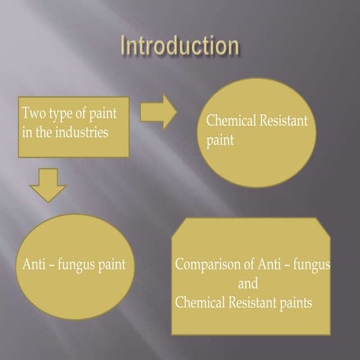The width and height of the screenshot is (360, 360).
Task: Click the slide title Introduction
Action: (180, 45)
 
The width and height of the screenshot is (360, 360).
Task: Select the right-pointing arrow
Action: (158, 112)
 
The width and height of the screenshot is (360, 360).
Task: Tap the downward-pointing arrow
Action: (48, 185)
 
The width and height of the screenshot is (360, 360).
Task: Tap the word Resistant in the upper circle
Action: (283, 120)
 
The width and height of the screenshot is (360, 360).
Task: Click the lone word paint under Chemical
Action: (220, 140)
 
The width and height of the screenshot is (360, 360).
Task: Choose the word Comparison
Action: (208, 265)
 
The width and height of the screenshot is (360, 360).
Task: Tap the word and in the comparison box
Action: (247, 283)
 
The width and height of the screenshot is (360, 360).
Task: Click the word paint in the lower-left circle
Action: (112, 265)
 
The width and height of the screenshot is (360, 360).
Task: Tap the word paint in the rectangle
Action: (103, 114)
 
